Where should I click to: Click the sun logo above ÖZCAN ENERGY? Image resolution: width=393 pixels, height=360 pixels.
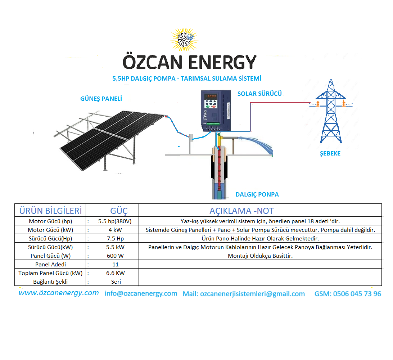tap(184, 40)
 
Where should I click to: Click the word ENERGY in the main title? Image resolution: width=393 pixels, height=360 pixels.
tap(222, 62)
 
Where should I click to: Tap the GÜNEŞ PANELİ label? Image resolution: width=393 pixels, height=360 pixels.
tap(101, 99)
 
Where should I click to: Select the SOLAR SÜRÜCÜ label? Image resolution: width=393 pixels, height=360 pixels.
tap(259, 94)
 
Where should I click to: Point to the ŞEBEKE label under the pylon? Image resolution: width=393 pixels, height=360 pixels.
tap(330, 153)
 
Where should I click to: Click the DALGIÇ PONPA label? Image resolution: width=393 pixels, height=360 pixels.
tap(257, 194)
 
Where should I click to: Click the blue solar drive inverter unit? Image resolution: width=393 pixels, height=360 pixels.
tap(216, 111)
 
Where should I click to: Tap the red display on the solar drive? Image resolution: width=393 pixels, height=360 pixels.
tap(211, 96)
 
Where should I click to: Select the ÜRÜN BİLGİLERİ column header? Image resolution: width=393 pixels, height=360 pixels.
tap(51, 211)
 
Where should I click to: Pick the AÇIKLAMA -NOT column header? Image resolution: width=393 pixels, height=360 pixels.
tap(241, 211)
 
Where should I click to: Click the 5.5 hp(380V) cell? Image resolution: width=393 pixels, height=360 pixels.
tap(115, 221)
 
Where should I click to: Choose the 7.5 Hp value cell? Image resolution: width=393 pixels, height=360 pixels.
tap(115, 238)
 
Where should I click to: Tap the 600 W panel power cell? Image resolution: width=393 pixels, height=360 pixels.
tap(115, 256)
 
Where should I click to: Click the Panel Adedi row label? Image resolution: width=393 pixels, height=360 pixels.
tap(51, 265)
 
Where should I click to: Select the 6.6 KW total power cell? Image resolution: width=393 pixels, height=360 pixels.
tap(115, 273)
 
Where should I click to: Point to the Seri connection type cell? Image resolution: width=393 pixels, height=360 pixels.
tap(116, 282)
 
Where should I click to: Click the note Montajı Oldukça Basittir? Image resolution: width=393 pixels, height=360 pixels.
tap(260, 256)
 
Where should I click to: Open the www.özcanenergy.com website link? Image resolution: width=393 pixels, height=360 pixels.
tap(59, 293)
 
